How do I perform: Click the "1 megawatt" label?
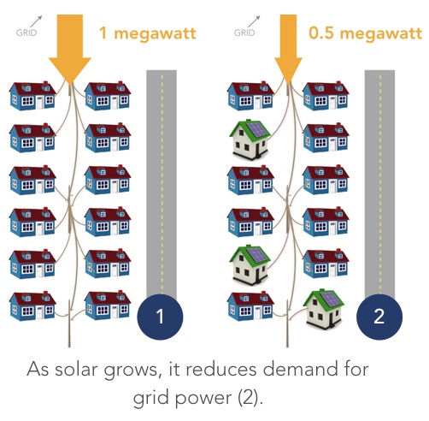click(148, 34)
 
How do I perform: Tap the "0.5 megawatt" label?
click(365, 33)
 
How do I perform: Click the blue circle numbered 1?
click(160, 317)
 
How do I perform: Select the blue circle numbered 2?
click(379, 317)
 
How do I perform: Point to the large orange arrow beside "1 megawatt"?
click(70, 49)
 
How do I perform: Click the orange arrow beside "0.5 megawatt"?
click(288, 49)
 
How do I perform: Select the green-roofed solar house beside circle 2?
click(323, 309)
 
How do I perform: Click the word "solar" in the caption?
click(76, 369)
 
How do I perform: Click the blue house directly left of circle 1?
click(108, 305)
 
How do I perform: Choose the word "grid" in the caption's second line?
click(151, 398)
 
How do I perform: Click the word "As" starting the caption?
click(38, 369)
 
